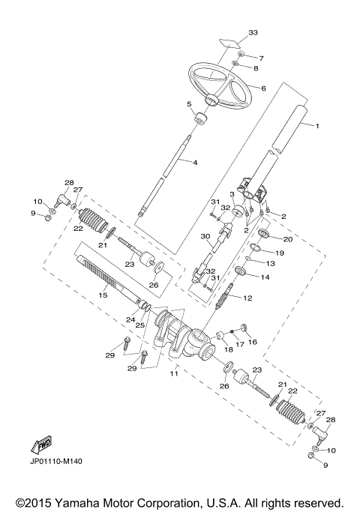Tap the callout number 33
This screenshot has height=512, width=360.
pyautogui.click(x=253, y=33)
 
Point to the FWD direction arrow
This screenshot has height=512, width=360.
pyautogui.click(x=40, y=445)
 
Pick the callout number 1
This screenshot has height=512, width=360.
pyautogui.click(x=317, y=126)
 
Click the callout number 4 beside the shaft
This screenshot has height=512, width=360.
pyautogui.click(x=194, y=163)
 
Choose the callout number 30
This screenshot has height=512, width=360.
pyautogui.click(x=205, y=236)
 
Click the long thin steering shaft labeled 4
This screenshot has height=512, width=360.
pyautogui.click(x=164, y=173)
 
